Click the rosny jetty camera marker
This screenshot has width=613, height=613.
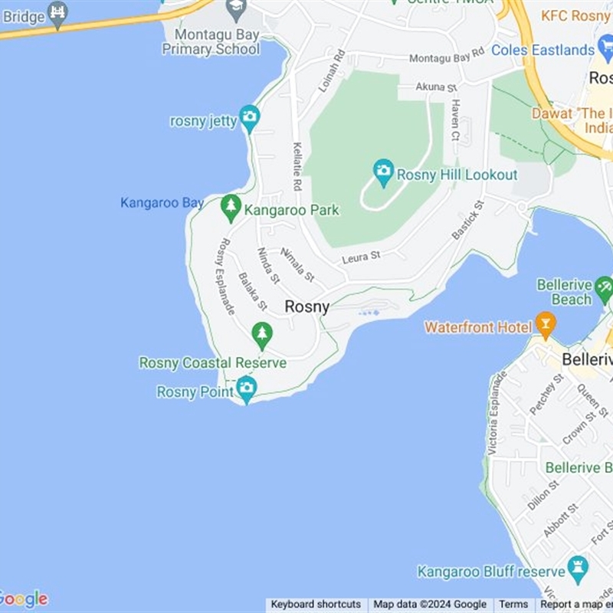(x=250, y=117)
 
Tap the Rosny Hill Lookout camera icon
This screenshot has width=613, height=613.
(x=383, y=171)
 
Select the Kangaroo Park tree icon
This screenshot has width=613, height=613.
(x=231, y=206)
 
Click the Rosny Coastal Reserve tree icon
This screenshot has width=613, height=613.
(x=262, y=333)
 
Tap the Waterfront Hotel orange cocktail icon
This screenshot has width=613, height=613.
(x=546, y=323)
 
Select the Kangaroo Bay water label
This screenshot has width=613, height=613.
(x=162, y=203)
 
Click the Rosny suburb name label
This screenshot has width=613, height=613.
(x=307, y=306)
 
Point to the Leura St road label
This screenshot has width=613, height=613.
(x=361, y=258)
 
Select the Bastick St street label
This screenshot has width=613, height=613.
(x=468, y=220)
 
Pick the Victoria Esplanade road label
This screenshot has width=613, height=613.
(x=497, y=413)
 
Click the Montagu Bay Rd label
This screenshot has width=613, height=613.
(x=447, y=56)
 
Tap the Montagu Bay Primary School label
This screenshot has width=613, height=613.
(x=211, y=41)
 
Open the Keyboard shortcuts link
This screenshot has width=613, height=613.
(x=316, y=605)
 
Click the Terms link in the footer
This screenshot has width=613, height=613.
(x=513, y=605)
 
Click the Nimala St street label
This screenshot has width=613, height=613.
(x=297, y=264)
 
